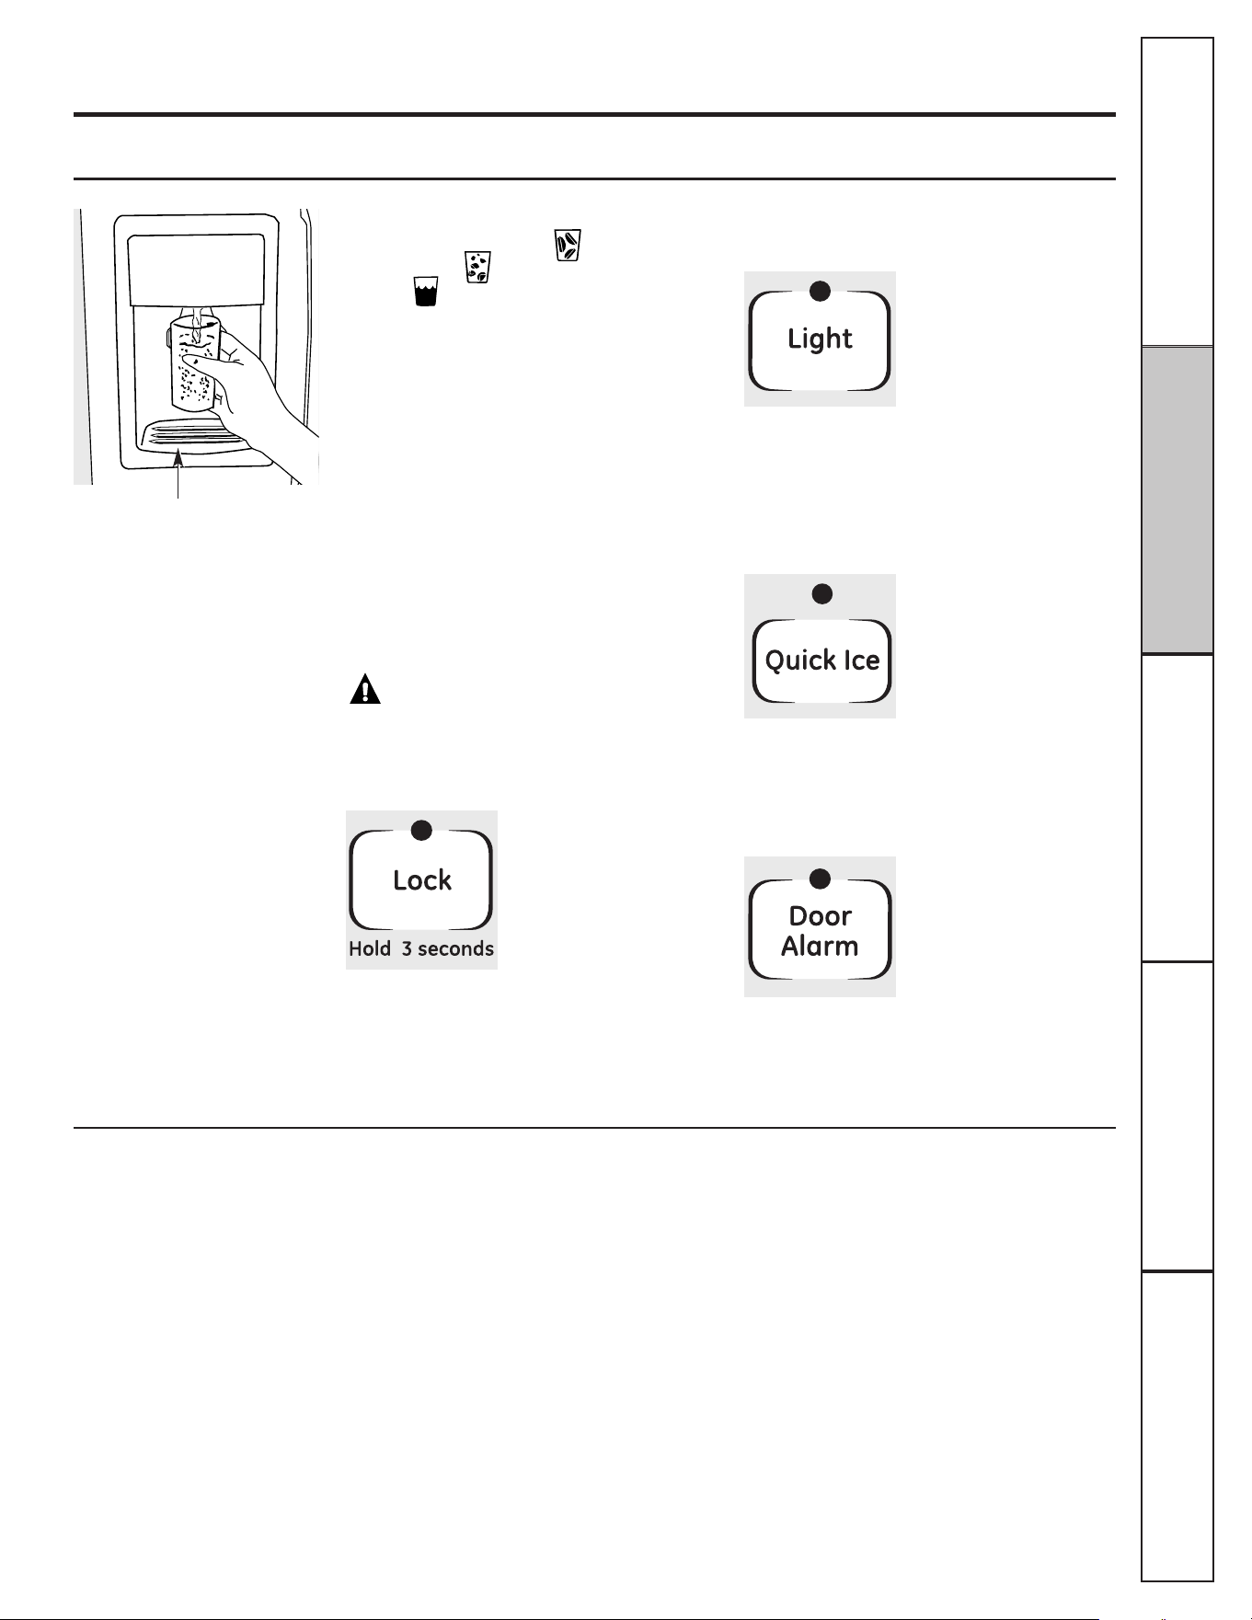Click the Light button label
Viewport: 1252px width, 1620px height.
pyautogui.click(x=820, y=339)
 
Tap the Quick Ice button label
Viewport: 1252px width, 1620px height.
pyautogui.click(x=822, y=661)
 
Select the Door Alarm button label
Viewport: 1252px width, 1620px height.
pyautogui.click(x=820, y=931)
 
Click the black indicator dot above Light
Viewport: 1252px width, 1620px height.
pyautogui.click(x=820, y=292)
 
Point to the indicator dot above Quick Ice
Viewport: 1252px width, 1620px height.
pyautogui.click(x=822, y=594)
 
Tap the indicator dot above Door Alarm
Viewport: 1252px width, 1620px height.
pyautogui.click(x=820, y=879)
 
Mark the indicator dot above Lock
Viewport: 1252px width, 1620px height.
pyautogui.click(x=421, y=831)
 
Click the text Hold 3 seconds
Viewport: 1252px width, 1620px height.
pyautogui.click(x=421, y=948)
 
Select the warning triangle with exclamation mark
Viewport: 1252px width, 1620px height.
pyautogui.click(x=365, y=689)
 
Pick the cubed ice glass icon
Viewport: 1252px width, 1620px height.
pyautogui.click(x=568, y=246)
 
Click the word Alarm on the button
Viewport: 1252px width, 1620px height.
pyautogui.click(x=820, y=947)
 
